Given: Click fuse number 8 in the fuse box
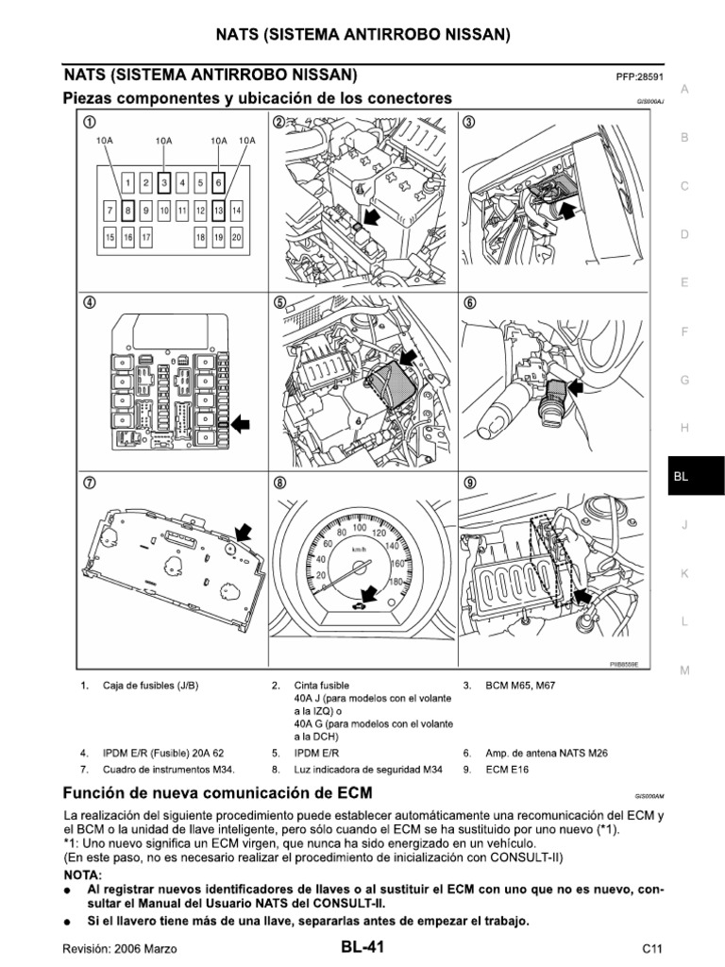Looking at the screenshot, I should pyautogui.click(x=128, y=210).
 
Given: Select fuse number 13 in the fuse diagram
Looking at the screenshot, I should pyautogui.click(x=218, y=210).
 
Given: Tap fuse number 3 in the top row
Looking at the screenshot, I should pyautogui.click(x=164, y=182).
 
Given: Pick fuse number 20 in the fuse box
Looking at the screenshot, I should pyautogui.click(x=236, y=238).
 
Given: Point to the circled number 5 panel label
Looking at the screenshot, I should pyautogui.click(x=279, y=304).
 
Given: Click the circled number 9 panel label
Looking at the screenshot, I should pyautogui.click(x=467, y=483).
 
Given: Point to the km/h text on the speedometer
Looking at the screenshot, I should pyautogui.click(x=359, y=549).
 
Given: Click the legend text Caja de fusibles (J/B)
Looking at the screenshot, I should pyautogui.click(x=151, y=685).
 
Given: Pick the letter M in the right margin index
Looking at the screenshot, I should pyautogui.click(x=685, y=670).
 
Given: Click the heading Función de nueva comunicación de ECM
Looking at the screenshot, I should pyautogui.click(x=217, y=791).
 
